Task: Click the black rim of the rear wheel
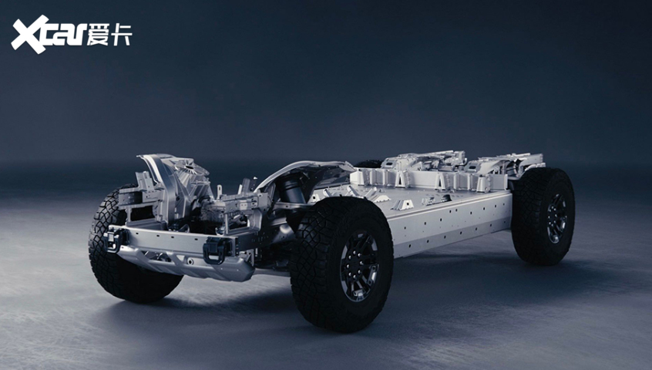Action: coord(556,218)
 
